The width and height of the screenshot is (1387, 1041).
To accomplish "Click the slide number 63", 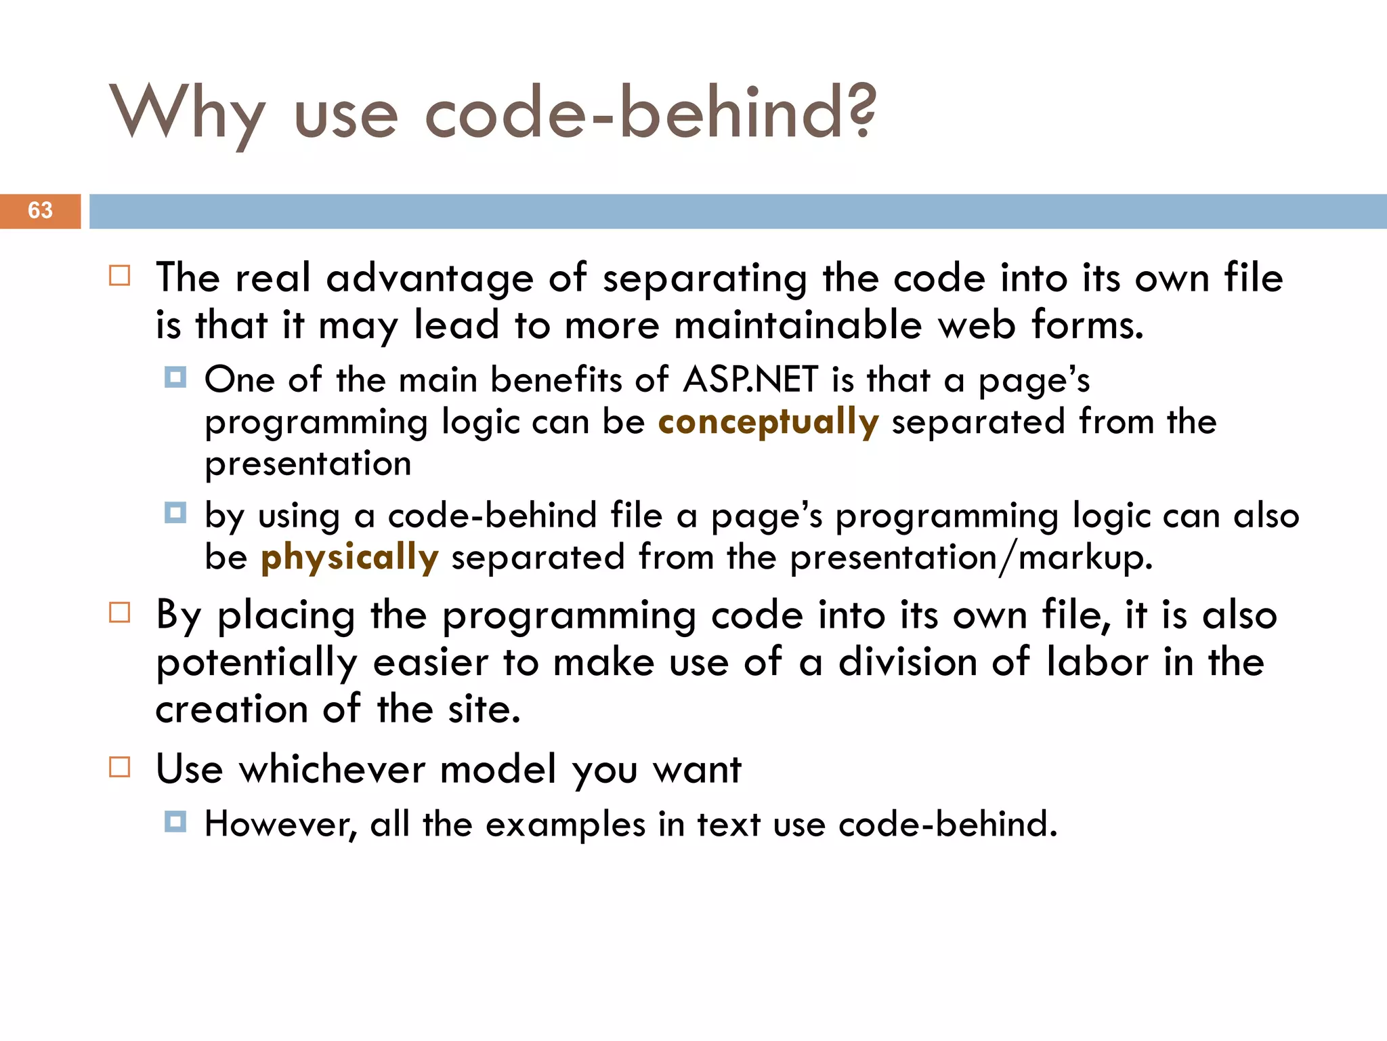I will point(40,211).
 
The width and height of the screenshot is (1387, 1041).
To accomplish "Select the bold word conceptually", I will point(768,422).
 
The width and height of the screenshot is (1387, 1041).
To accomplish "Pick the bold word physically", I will point(349,558).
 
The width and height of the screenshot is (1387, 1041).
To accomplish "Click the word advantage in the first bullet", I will point(429,279).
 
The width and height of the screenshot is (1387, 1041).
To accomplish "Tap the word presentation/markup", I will point(971,558).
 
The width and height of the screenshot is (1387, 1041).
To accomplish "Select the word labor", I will point(1096,661).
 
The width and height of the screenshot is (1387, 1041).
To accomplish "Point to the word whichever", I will point(332,769).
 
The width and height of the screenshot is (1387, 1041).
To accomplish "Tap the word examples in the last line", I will point(566,825).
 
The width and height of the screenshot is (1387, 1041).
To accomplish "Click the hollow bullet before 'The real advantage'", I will point(120,276).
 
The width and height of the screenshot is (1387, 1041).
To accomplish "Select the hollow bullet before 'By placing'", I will point(120,613).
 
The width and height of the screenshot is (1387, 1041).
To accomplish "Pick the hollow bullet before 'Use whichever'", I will point(120,767).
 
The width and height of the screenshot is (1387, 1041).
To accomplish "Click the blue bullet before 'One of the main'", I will point(175,377).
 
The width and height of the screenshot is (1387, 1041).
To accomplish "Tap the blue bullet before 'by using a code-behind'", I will point(175,512).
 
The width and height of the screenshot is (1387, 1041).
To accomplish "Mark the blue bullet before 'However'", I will point(175,822).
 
